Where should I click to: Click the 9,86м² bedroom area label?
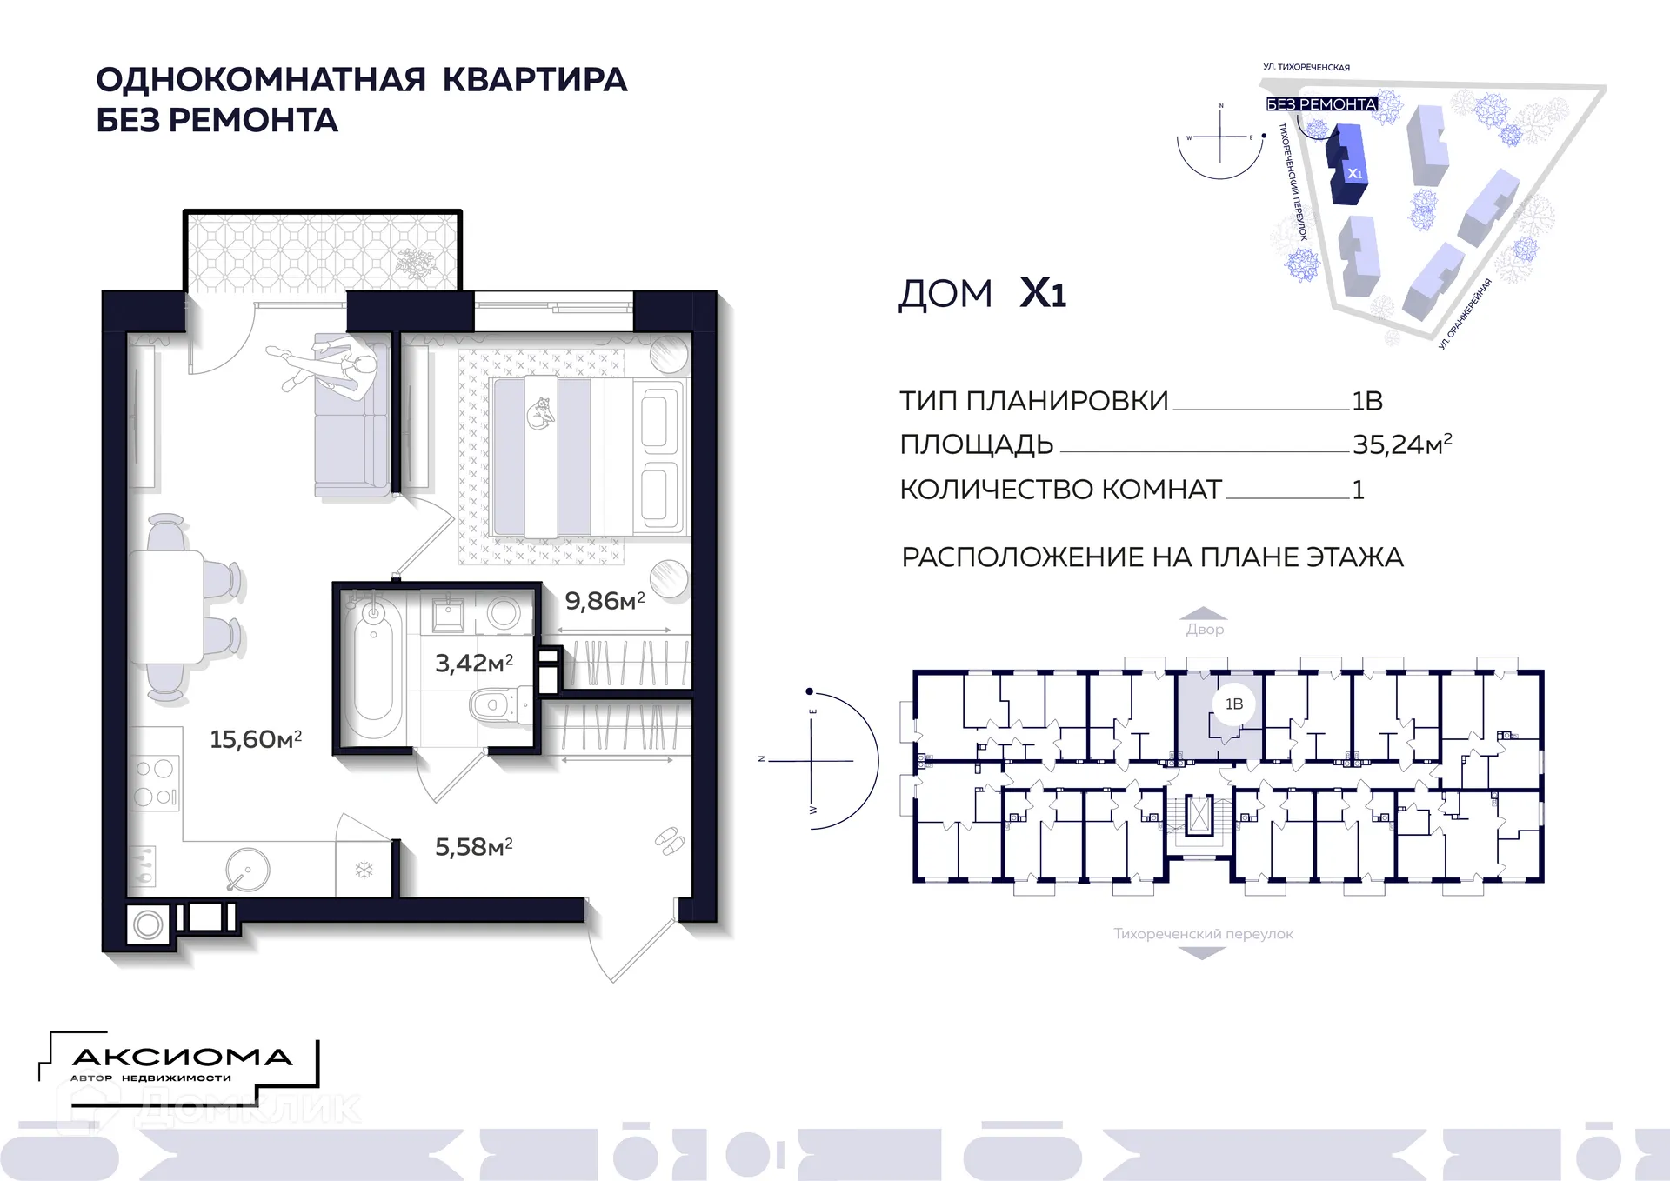(605, 600)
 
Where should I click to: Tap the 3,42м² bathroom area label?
(474, 663)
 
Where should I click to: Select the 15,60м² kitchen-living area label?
(256, 739)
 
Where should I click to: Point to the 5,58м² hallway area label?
(474, 846)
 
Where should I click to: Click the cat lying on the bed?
(540, 413)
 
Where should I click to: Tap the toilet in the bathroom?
(497, 705)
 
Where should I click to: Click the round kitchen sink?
(248, 870)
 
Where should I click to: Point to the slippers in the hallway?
(669, 840)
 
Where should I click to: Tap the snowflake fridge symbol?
(364, 870)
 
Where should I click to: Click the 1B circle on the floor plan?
(1233, 704)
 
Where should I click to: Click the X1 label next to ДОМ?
(1042, 293)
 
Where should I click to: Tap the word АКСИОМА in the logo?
(182, 1058)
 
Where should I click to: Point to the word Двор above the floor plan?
(1205, 629)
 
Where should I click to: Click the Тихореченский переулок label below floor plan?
(1203, 934)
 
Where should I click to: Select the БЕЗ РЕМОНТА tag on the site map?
(1321, 104)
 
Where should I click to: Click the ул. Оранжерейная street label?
(1465, 313)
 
